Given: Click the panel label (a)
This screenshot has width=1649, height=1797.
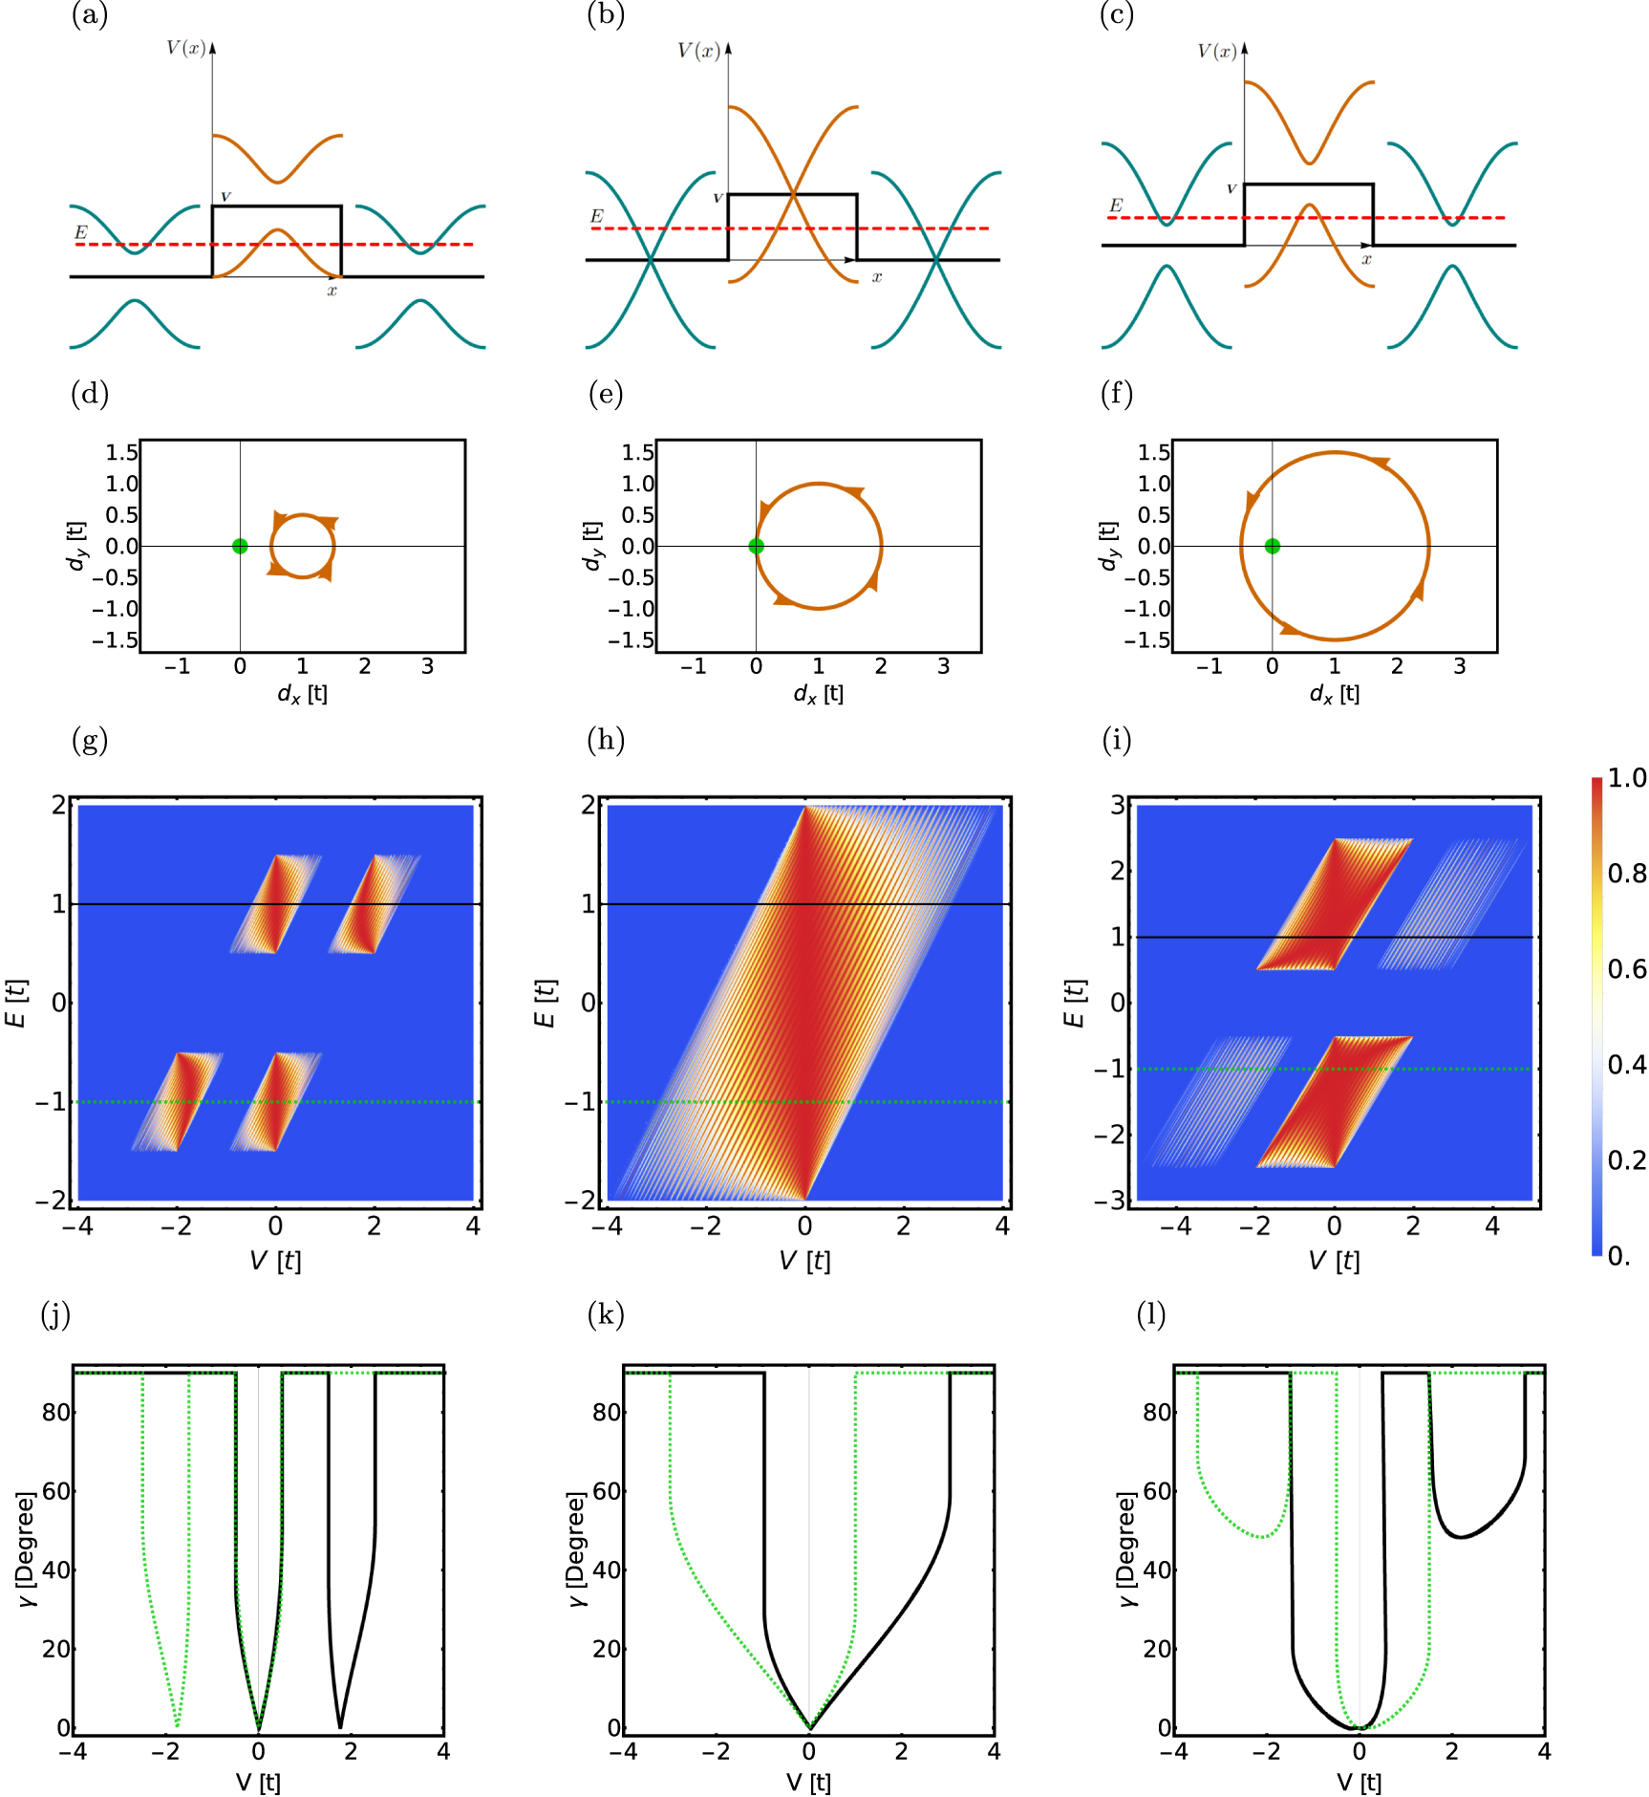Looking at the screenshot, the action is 90,15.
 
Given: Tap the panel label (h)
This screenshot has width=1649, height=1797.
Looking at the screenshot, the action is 606,740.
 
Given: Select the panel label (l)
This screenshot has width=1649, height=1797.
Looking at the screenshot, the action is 1150,1314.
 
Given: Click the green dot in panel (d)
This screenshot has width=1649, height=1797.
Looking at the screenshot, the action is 240,546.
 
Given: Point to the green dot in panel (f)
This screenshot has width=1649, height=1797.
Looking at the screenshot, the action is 1272,546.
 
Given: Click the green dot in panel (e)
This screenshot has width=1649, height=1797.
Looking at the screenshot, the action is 756,546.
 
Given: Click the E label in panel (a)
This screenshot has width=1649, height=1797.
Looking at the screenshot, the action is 81,232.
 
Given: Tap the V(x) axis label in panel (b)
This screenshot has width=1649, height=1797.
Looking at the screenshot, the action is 698,51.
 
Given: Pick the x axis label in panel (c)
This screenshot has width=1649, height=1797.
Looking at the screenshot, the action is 1366,259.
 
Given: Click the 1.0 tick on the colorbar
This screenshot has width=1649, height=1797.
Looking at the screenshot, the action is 1627,778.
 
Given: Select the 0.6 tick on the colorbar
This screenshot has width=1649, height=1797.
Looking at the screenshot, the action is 1627,969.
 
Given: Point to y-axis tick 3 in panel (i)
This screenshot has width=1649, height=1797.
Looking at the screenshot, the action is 1118,805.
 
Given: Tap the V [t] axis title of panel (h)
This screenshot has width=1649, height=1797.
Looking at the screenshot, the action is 804,1261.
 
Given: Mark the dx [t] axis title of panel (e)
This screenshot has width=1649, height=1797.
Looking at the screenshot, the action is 819,694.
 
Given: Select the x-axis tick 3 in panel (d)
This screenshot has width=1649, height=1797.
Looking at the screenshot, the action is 427,666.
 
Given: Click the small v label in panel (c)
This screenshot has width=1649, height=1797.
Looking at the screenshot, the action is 1231,188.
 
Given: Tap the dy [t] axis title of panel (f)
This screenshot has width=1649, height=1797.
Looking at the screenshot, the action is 1109,547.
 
